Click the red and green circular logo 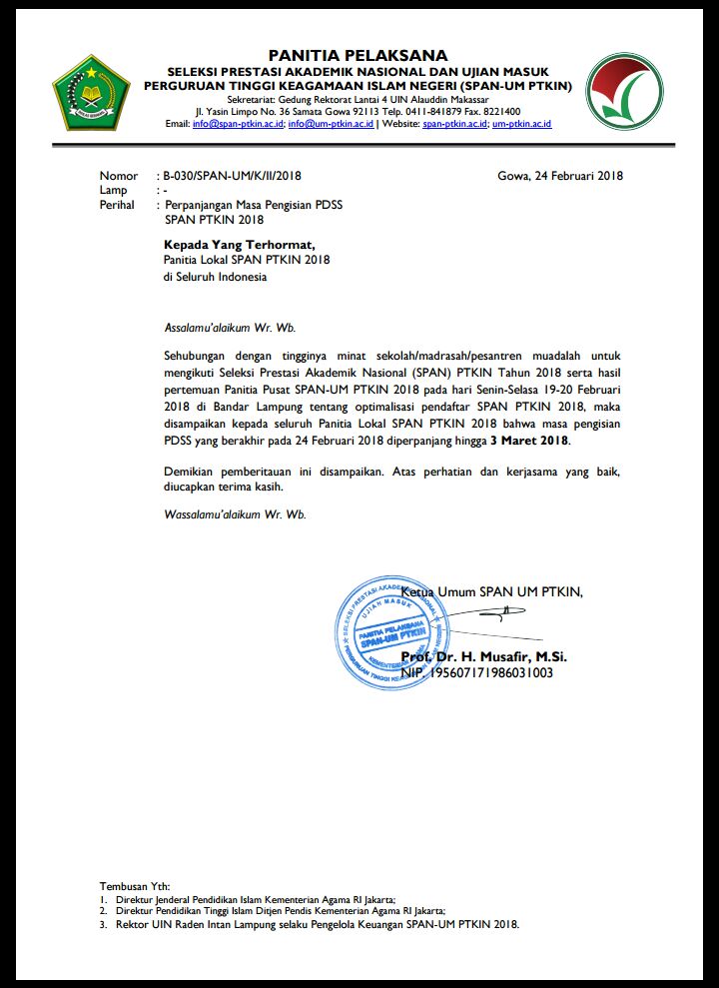click(x=623, y=91)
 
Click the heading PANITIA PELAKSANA click(x=358, y=55)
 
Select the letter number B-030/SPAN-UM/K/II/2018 click(x=233, y=176)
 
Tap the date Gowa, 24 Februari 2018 click(x=559, y=176)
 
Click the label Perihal click(x=117, y=205)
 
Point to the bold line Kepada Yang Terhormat click(x=240, y=243)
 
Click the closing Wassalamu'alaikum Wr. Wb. click(x=235, y=514)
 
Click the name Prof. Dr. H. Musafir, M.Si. click(x=483, y=656)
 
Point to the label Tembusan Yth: click(x=135, y=886)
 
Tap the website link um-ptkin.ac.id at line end click(x=521, y=124)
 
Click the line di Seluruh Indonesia click(x=215, y=277)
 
